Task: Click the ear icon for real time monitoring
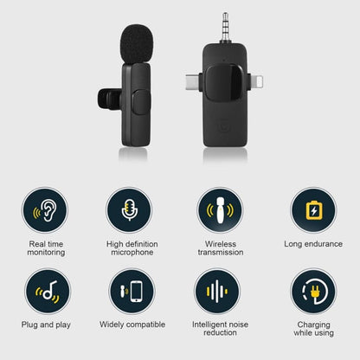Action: pos(47,210)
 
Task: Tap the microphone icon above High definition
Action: pos(132,210)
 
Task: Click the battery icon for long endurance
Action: pos(312,210)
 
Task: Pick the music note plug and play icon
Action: pos(47,292)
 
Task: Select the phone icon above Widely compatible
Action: pos(132,292)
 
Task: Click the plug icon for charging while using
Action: pos(312,292)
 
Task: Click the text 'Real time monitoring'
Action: pos(47,248)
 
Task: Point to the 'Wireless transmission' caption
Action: pos(220,248)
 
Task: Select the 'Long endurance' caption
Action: pos(313,244)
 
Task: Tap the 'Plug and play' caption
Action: pos(48,325)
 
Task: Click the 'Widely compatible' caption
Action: pos(132,325)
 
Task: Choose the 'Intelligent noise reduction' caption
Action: pos(220,329)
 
